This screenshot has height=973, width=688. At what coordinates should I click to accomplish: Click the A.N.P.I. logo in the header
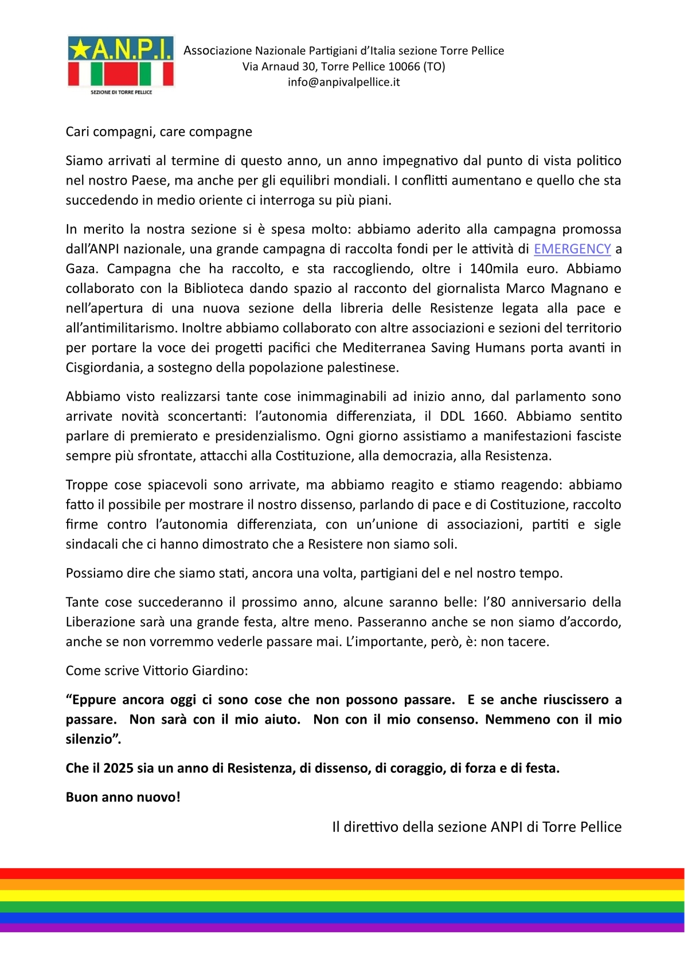(x=120, y=63)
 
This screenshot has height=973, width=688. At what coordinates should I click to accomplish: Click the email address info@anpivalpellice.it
(x=343, y=82)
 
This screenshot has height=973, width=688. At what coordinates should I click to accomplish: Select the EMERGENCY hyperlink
(x=572, y=249)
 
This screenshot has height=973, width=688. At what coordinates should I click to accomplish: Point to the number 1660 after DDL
(x=489, y=416)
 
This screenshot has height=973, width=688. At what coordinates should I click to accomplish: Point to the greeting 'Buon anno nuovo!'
(x=123, y=797)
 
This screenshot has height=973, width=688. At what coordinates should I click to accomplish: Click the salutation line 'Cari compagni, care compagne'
(x=159, y=132)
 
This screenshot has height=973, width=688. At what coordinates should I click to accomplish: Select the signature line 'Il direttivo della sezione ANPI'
(x=476, y=827)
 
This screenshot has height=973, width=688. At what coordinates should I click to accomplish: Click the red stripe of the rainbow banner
(x=344, y=874)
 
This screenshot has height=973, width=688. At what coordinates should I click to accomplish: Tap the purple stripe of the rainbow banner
(x=344, y=928)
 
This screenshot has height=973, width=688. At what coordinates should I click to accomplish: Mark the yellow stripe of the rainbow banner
(x=344, y=896)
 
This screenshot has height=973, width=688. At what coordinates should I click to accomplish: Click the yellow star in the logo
(x=80, y=50)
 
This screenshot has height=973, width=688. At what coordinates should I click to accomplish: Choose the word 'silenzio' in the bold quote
(x=91, y=740)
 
